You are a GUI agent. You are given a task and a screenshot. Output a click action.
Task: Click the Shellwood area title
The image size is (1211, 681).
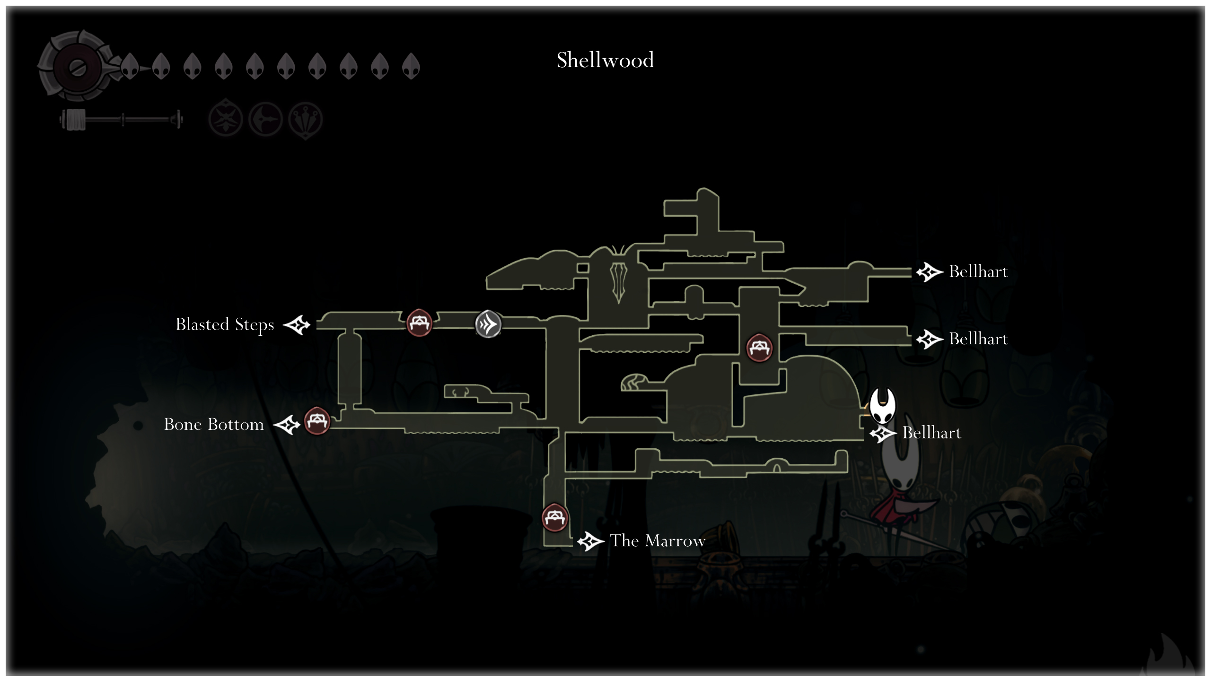pyautogui.click(x=605, y=60)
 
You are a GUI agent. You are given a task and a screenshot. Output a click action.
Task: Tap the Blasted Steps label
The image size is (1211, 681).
pyautogui.click(x=225, y=325)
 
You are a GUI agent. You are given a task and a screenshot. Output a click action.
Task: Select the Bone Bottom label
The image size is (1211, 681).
pyautogui.click(x=214, y=424)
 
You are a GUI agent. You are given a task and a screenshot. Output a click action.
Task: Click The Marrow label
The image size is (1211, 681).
pyautogui.click(x=658, y=541)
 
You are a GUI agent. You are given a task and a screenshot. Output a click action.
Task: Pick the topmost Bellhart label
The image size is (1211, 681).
pyautogui.click(x=978, y=271)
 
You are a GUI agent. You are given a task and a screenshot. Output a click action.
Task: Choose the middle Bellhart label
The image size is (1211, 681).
pyautogui.click(x=978, y=339)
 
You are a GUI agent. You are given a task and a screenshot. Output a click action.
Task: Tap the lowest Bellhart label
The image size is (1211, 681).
pyautogui.click(x=931, y=433)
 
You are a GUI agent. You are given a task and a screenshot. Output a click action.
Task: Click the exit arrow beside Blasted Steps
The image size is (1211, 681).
pyautogui.click(x=297, y=325)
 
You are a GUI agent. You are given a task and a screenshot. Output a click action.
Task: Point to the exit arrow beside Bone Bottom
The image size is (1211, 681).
pyautogui.click(x=287, y=425)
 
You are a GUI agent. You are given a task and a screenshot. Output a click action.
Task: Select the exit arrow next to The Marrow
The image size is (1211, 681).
pyautogui.click(x=591, y=541)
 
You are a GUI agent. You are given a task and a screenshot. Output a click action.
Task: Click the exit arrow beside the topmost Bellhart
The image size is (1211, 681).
pyautogui.click(x=930, y=272)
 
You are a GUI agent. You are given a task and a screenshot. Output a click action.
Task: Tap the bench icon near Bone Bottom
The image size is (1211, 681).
pyautogui.click(x=317, y=420)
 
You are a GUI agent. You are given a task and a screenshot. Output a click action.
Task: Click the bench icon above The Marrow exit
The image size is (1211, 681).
pyautogui.click(x=554, y=517)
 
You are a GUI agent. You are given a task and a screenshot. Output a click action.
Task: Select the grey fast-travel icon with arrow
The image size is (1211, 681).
pyautogui.click(x=488, y=324)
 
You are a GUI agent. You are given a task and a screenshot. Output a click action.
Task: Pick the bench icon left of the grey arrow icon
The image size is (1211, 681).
pyautogui.click(x=419, y=323)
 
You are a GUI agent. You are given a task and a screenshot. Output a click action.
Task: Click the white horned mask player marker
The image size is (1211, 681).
pyautogui.click(x=883, y=406)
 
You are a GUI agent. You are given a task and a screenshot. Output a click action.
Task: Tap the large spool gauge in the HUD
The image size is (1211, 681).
pyautogui.click(x=76, y=67)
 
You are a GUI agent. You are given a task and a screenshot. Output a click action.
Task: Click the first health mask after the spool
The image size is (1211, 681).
pyautogui.click(x=130, y=66)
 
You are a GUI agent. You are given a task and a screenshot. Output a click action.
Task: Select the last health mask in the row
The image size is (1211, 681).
pyautogui.click(x=411, y=66)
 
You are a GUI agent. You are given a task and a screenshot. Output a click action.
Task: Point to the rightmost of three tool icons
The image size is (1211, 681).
pyautogui.click(x=306, y=120)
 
